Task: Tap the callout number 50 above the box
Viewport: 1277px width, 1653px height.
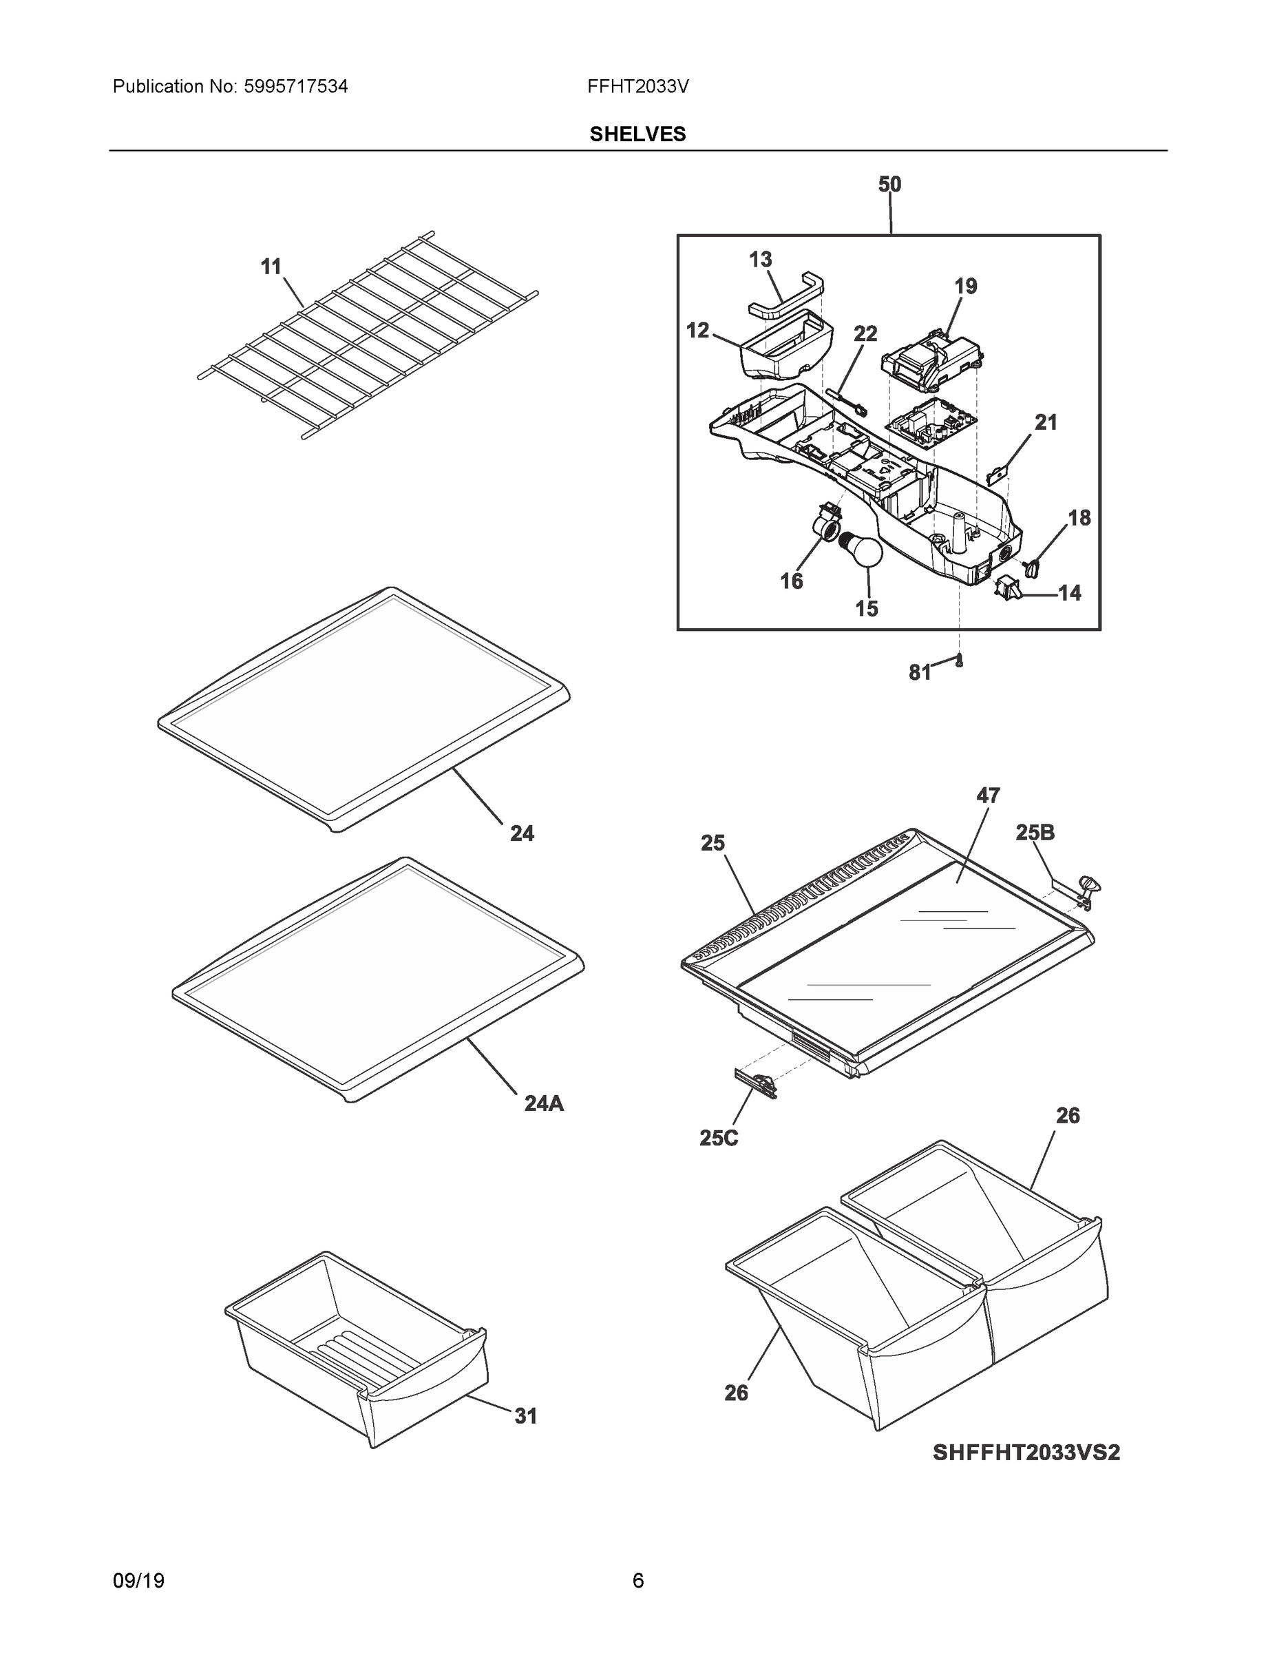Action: point(889,185)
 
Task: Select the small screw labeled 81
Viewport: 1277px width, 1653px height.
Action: point(959,660)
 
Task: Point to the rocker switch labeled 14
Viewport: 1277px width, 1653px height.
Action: point(1008,587)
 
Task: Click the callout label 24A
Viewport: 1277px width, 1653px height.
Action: point(544,1104)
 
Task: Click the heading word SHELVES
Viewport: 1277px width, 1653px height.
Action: point(637,134)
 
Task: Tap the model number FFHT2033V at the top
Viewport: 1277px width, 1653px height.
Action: point(637,87)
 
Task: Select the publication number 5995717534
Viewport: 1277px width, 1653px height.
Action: point(295,87)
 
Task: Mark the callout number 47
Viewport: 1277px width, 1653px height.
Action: point(988,796)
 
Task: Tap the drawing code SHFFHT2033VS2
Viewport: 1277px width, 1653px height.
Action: point(1026,1453)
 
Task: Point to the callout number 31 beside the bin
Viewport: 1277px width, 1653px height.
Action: point(526,1416)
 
